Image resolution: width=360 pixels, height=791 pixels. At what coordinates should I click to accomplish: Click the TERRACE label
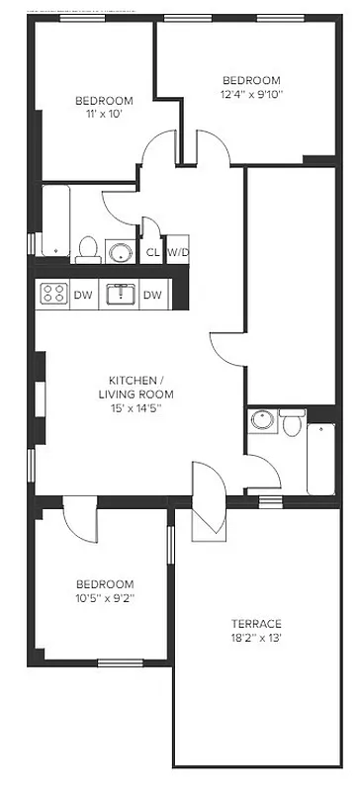[257, 624]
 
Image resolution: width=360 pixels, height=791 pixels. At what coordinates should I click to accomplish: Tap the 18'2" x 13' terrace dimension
[257, 639]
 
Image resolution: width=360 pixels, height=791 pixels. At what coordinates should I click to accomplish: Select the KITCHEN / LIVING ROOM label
[136, 388]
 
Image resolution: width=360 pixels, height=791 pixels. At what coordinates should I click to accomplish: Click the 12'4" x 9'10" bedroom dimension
[251, 95]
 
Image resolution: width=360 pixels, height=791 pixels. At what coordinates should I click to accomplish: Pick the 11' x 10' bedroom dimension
[104, 115]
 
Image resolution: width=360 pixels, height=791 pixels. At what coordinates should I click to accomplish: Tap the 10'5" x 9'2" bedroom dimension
[104, 598]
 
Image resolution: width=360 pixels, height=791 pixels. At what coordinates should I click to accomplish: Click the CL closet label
[152, 252]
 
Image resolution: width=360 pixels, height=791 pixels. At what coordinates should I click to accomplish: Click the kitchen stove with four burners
[52, 294]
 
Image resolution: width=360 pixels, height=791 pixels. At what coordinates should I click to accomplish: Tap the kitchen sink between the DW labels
[120, 294]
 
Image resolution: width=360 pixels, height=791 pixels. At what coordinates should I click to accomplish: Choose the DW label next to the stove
[83, 295]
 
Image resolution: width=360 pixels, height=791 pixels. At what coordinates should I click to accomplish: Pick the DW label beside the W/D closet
[152, 295]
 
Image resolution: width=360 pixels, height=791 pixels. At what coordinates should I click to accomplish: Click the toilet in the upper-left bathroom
[88, 248]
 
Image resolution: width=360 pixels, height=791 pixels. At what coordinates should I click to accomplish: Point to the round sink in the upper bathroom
[121, 251]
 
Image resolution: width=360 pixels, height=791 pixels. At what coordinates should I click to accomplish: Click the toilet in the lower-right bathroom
[292, 424]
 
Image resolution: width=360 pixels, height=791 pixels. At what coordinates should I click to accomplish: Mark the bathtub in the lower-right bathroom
[322, 458]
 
